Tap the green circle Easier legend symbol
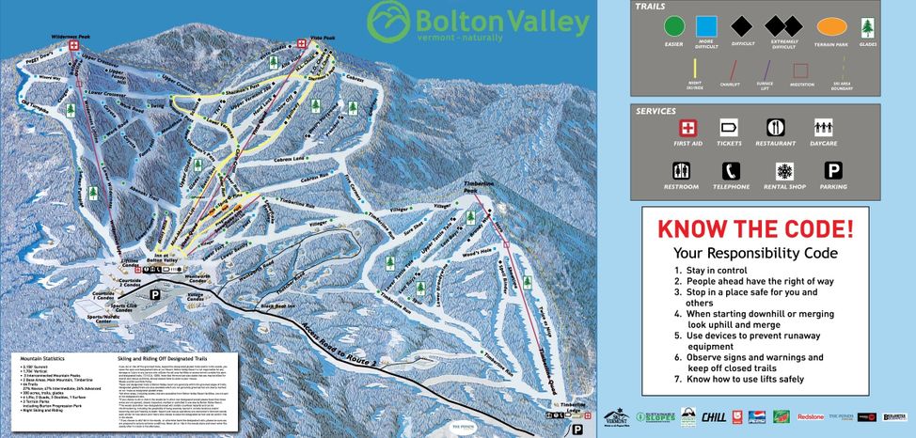point(673,28)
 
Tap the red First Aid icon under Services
point(689,127)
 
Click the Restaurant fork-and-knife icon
point(775,127)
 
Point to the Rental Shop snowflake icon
point(783,172)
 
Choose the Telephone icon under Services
point(731,172)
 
